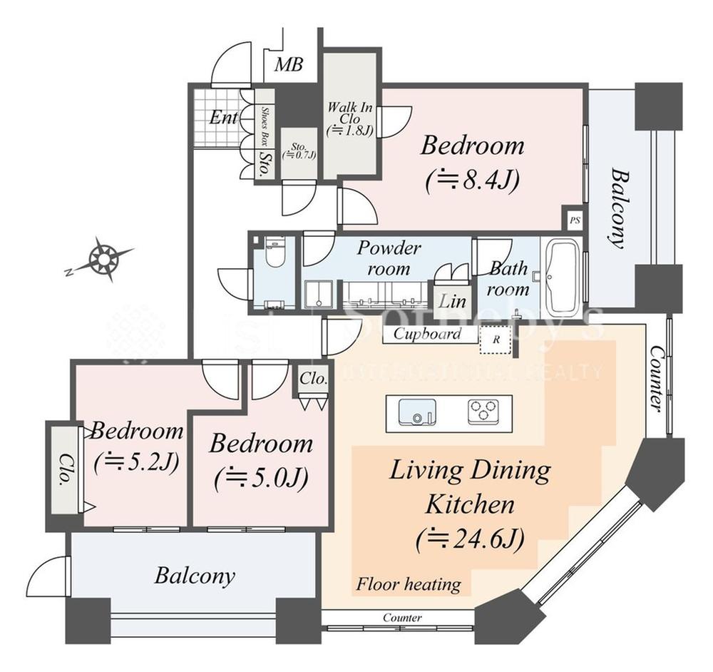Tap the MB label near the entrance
click(x=289, y=65)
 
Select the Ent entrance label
click(x=222, y=118)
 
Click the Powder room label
click(x=389, y=258)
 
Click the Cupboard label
click(x=427, y=334)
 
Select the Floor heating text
click(x=409, y=585)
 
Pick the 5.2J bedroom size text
click(x=135, y=462)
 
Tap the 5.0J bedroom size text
click(x=261, y=478)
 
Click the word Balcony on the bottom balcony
click(x=194, y=576)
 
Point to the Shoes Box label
click(x=265, y=126)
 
